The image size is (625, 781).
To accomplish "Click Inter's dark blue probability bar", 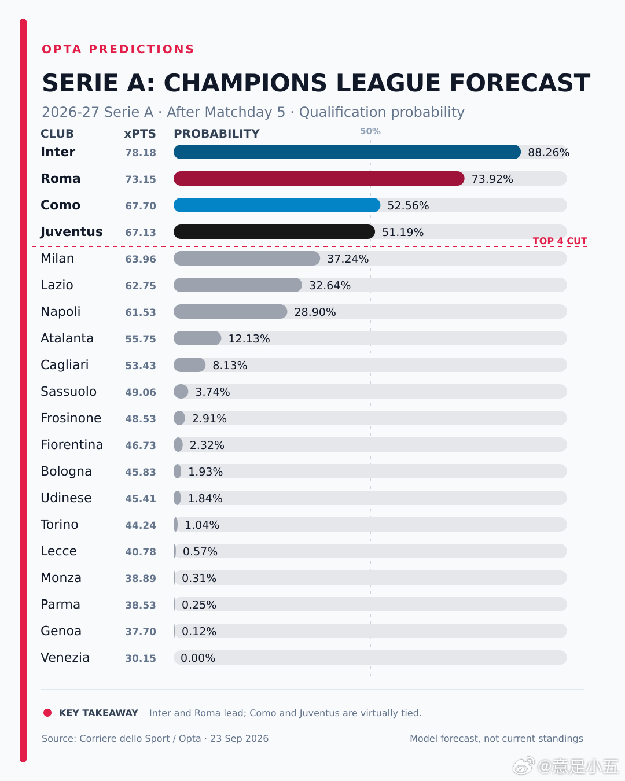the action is (347, 152).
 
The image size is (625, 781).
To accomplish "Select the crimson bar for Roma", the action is (319, 179).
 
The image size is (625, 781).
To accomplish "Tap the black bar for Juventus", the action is (274, 232).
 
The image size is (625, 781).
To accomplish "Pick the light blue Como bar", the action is (277, 205).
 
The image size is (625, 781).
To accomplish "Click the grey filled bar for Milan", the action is (247, 259).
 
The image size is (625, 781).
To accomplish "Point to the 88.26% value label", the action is (549, 152).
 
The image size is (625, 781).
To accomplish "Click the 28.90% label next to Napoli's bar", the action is (315, 312).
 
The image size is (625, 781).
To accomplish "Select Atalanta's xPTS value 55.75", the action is (141, 339).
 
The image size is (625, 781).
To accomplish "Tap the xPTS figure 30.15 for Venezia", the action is (141, 658).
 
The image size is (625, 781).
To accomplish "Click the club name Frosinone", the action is (71, 418).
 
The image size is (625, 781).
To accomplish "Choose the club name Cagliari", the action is (65, 364).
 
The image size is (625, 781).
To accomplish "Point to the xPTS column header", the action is (140, 134).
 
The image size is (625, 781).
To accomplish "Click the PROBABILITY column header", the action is (217, 134).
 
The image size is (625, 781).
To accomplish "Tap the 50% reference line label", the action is (370, 131).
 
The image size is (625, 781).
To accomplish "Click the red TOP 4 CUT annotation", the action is (560, 241).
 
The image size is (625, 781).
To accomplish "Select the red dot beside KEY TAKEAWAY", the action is (47, 713).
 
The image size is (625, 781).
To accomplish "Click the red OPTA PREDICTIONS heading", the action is (118, 49).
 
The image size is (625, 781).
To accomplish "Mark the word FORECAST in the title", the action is (520, 83).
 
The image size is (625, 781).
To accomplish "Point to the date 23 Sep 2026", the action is (240, 739).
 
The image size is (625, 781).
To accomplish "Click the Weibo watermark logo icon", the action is (523, 766).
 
